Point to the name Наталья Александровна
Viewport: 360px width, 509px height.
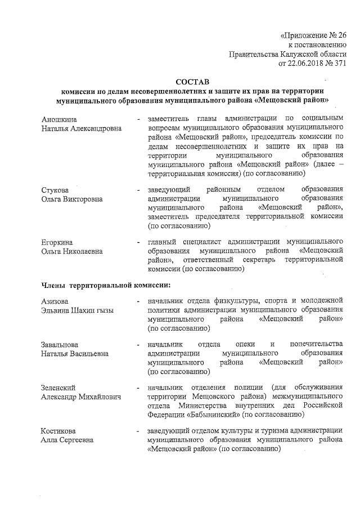(x=82, y=128)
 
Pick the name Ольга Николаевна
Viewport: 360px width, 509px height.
(x=72, y=251)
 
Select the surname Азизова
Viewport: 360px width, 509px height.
(x=56, y=301)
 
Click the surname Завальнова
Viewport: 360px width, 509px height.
(x=60, y=345)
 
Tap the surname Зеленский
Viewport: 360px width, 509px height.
(x=58, y=388)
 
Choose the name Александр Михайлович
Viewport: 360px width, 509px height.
(x=82, y=397)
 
